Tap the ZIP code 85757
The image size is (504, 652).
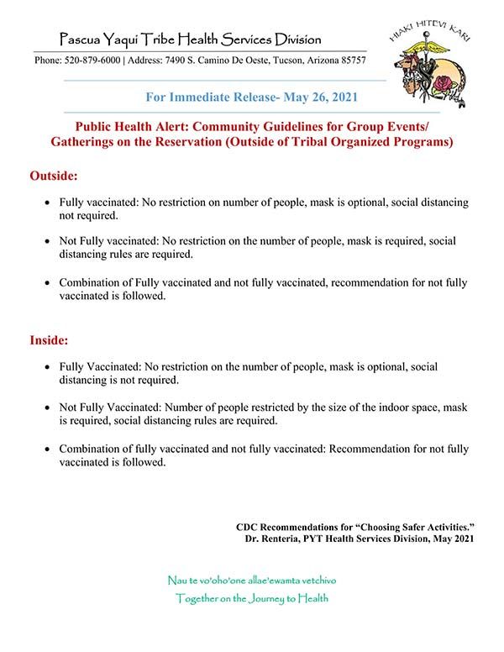(x=349, y=62)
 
